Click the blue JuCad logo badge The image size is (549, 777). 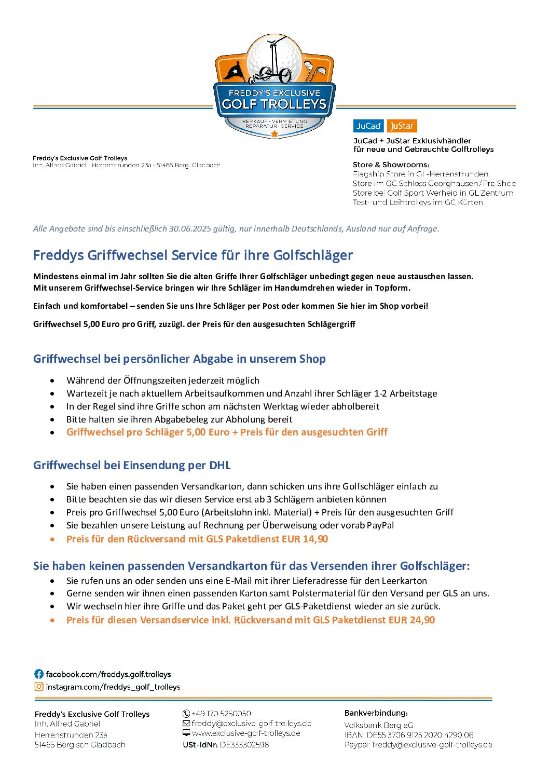coord(368,126)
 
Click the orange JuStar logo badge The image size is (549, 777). coord(402,126)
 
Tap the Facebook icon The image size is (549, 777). coord(39,674)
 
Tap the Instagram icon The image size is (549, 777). coord(39,687)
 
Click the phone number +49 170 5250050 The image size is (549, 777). coord(221,714)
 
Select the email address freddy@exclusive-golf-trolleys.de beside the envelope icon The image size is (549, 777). coord(251,724)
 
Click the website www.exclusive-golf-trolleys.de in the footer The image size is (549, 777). coord(246,733)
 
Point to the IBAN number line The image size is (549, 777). coord(409,735)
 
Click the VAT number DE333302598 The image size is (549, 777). coord(244,745)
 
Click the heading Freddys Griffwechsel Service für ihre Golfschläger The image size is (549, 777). coord(193,255)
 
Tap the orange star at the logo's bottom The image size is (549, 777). coord(274,134)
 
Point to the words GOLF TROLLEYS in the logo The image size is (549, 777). coord(274,104)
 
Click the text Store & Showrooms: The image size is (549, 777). coord(391,165)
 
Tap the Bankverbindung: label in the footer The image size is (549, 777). coord(376,713)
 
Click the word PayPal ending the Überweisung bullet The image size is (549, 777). coord(380,525)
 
